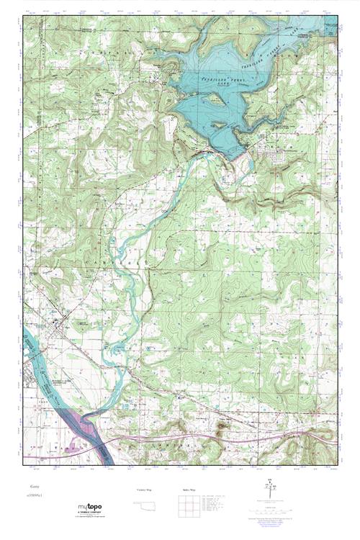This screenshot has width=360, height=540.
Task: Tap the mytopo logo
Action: point(90,509)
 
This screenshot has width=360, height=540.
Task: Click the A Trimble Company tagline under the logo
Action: point(91,516)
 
